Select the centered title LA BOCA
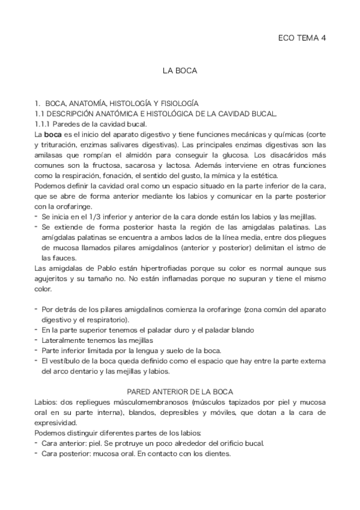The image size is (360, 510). pos(180,70)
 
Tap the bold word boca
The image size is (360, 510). pos(53,134)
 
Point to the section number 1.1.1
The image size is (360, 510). pos(44,123)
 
